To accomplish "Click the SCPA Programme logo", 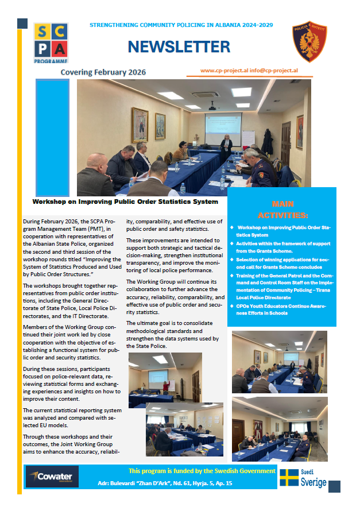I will point(51,43).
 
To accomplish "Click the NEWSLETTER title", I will point(179,47).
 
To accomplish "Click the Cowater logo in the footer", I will point(52,477).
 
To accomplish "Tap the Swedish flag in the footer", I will point(289,478).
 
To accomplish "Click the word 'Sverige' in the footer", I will point(313,482).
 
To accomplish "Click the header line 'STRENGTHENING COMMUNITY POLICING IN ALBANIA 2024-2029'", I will point(181,25).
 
